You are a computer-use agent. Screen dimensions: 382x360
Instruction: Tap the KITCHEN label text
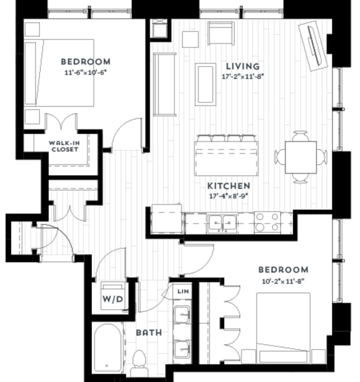[x=229, y=186]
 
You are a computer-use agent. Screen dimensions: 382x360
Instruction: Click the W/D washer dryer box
[x=114, y=298]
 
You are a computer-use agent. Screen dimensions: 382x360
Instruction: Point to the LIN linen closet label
[x=182, y=291]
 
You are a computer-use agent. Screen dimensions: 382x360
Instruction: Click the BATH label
[x=149, y=333]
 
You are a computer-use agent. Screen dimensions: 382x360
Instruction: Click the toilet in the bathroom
[x=139, y=361]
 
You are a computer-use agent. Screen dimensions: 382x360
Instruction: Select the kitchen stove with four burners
[x=267, y=222]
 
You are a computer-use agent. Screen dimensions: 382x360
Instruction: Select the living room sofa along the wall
[x=164, y=84]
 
